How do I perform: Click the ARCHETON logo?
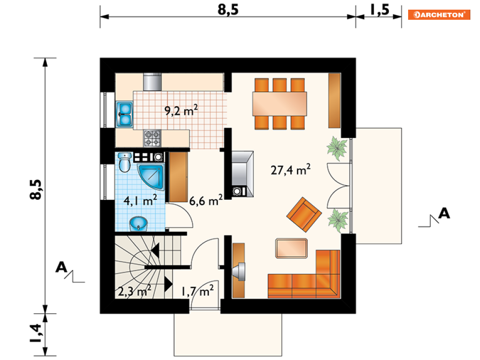pos(439,14)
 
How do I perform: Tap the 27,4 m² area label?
pos(290,169)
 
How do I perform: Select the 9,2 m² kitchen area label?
pos(181,110)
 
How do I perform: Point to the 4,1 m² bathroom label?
pos(140,201)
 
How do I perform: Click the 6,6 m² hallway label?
pos(206,201)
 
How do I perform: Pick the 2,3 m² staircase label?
pos(135,291)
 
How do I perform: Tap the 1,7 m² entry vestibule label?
pos(197,291)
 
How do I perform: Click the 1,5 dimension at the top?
pos(380,10)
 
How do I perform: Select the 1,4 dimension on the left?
pos(36,333)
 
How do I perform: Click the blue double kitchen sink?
pos(124,114)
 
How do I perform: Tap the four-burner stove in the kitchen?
pos(152,138)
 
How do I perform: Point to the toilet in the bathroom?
pos(124,162)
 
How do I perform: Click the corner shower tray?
pos(151,177)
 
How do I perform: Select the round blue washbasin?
pos(138,224)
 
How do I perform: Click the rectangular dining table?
pos(279,104)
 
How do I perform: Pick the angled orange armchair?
pos(303,214)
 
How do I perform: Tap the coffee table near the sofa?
pos(291,248)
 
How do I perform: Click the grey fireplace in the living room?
pos(243,174)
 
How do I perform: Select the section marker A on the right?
pos(444,213)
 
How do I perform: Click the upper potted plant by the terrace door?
pos(337,149)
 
